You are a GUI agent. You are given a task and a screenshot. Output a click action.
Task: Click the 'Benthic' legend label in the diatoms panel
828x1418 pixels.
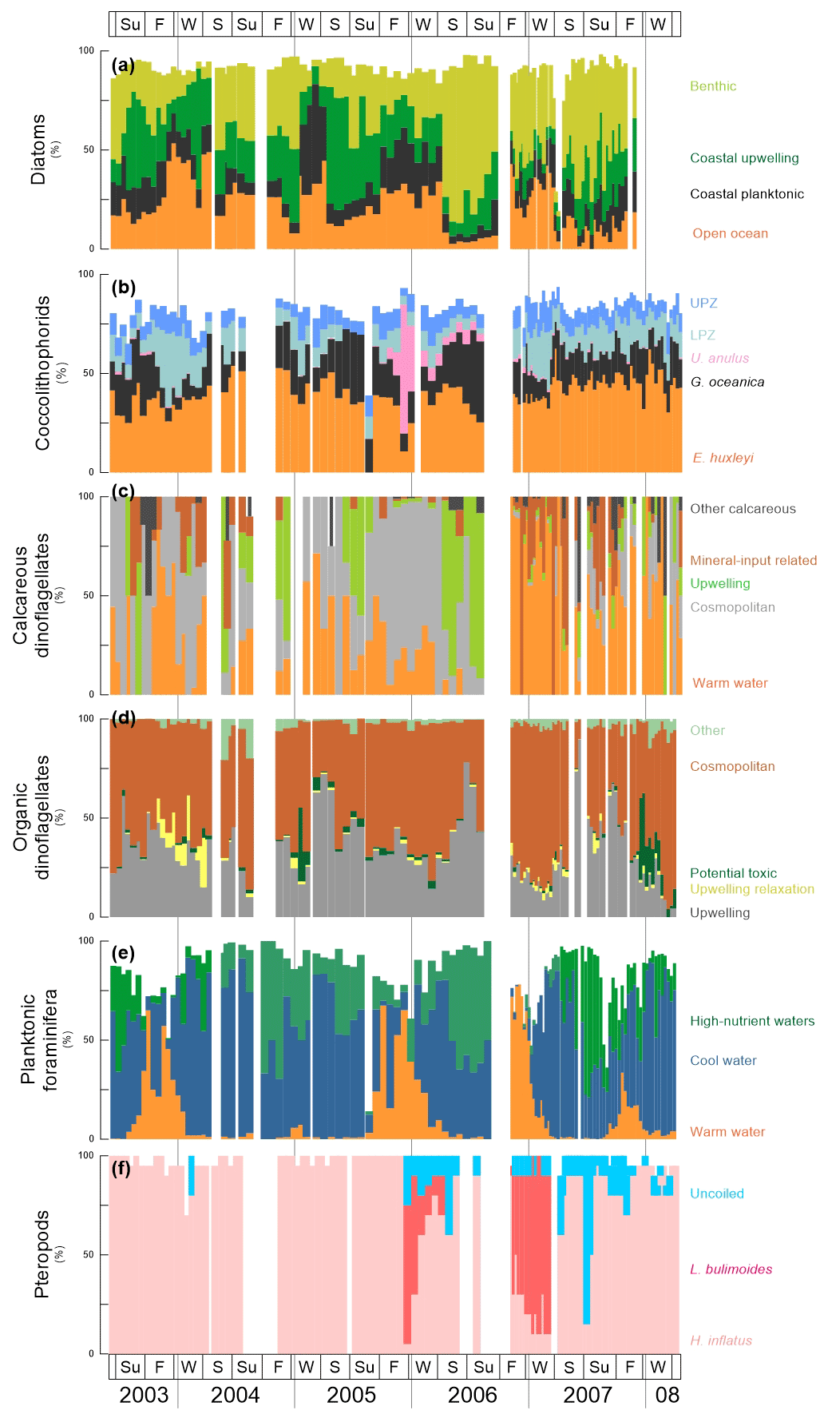point(713,86)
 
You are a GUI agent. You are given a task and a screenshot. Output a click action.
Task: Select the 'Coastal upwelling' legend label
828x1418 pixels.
point(744,158)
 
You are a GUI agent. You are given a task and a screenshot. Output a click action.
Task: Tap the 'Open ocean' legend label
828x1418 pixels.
point(730,233)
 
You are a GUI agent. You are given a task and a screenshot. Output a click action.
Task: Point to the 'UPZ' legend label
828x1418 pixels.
point(703,303)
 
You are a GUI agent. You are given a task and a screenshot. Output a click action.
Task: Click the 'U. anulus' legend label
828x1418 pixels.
point(719,358)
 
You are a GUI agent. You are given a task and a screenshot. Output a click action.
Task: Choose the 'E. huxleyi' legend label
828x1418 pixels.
point(723,458)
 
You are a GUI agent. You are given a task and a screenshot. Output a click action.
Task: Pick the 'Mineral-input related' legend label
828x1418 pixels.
point(753,561)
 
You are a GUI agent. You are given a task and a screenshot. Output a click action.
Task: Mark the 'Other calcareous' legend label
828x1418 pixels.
point(743,509)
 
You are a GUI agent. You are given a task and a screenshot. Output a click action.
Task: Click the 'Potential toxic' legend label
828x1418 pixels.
point(733,873)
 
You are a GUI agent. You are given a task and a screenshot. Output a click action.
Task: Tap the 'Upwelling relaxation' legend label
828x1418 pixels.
point(752,889)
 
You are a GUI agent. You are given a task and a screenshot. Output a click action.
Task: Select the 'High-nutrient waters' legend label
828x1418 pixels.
point(752,1021)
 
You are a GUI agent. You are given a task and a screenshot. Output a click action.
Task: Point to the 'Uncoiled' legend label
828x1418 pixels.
point(717,1194)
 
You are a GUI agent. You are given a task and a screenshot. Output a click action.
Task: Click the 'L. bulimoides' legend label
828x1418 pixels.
point(731,1269)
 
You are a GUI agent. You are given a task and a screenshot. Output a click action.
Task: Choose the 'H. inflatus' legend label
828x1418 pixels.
point(721,1341)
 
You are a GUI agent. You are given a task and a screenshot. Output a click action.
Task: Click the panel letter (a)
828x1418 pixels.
point(123,66)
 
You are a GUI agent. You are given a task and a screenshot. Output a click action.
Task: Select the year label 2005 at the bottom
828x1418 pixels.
point(351,1395)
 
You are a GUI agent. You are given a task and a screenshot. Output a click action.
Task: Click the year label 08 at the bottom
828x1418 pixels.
point(667,1395)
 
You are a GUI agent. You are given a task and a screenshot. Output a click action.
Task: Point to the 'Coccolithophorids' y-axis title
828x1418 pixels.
point(42,373)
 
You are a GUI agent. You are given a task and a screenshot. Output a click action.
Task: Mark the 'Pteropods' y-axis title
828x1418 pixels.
point(42,1254)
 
